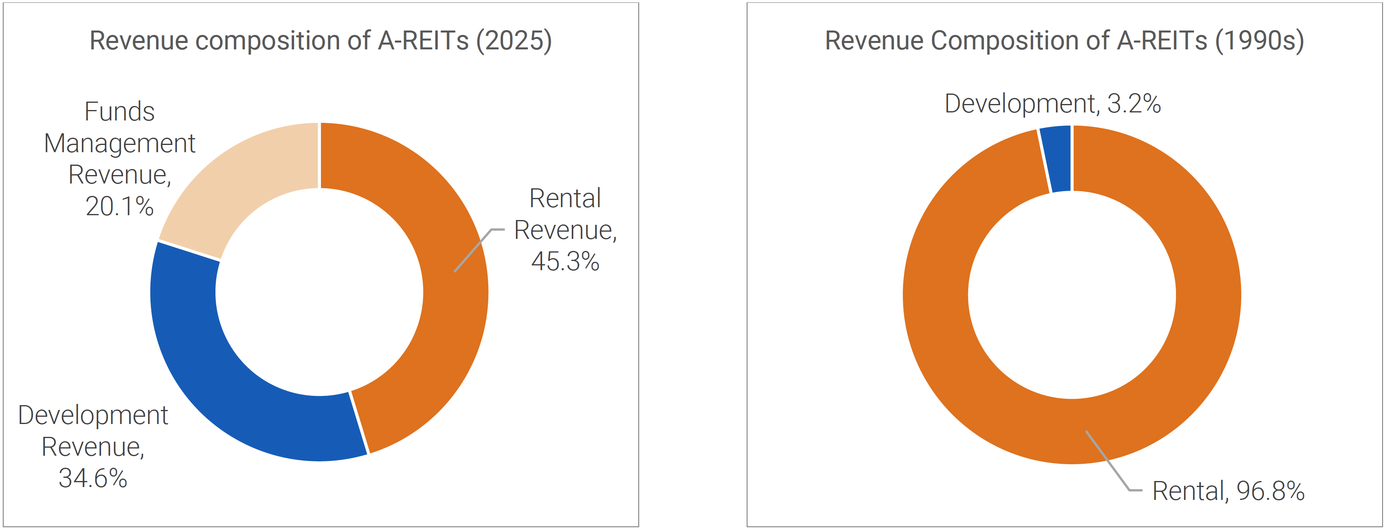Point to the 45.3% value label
[x=565, y=261]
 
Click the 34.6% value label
[x=92, y=478]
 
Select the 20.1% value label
[x=119, y=206]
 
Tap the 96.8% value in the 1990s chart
[x=1271, y=491]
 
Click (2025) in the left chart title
[x=514, y=41]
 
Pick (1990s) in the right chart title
[x=1259, y=41]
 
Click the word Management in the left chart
[x=119, y=144]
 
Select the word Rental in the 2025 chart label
[x=565, y=198]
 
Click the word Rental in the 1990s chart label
[x=1188, y=491]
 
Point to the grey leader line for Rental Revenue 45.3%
[x=473, y=250]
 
